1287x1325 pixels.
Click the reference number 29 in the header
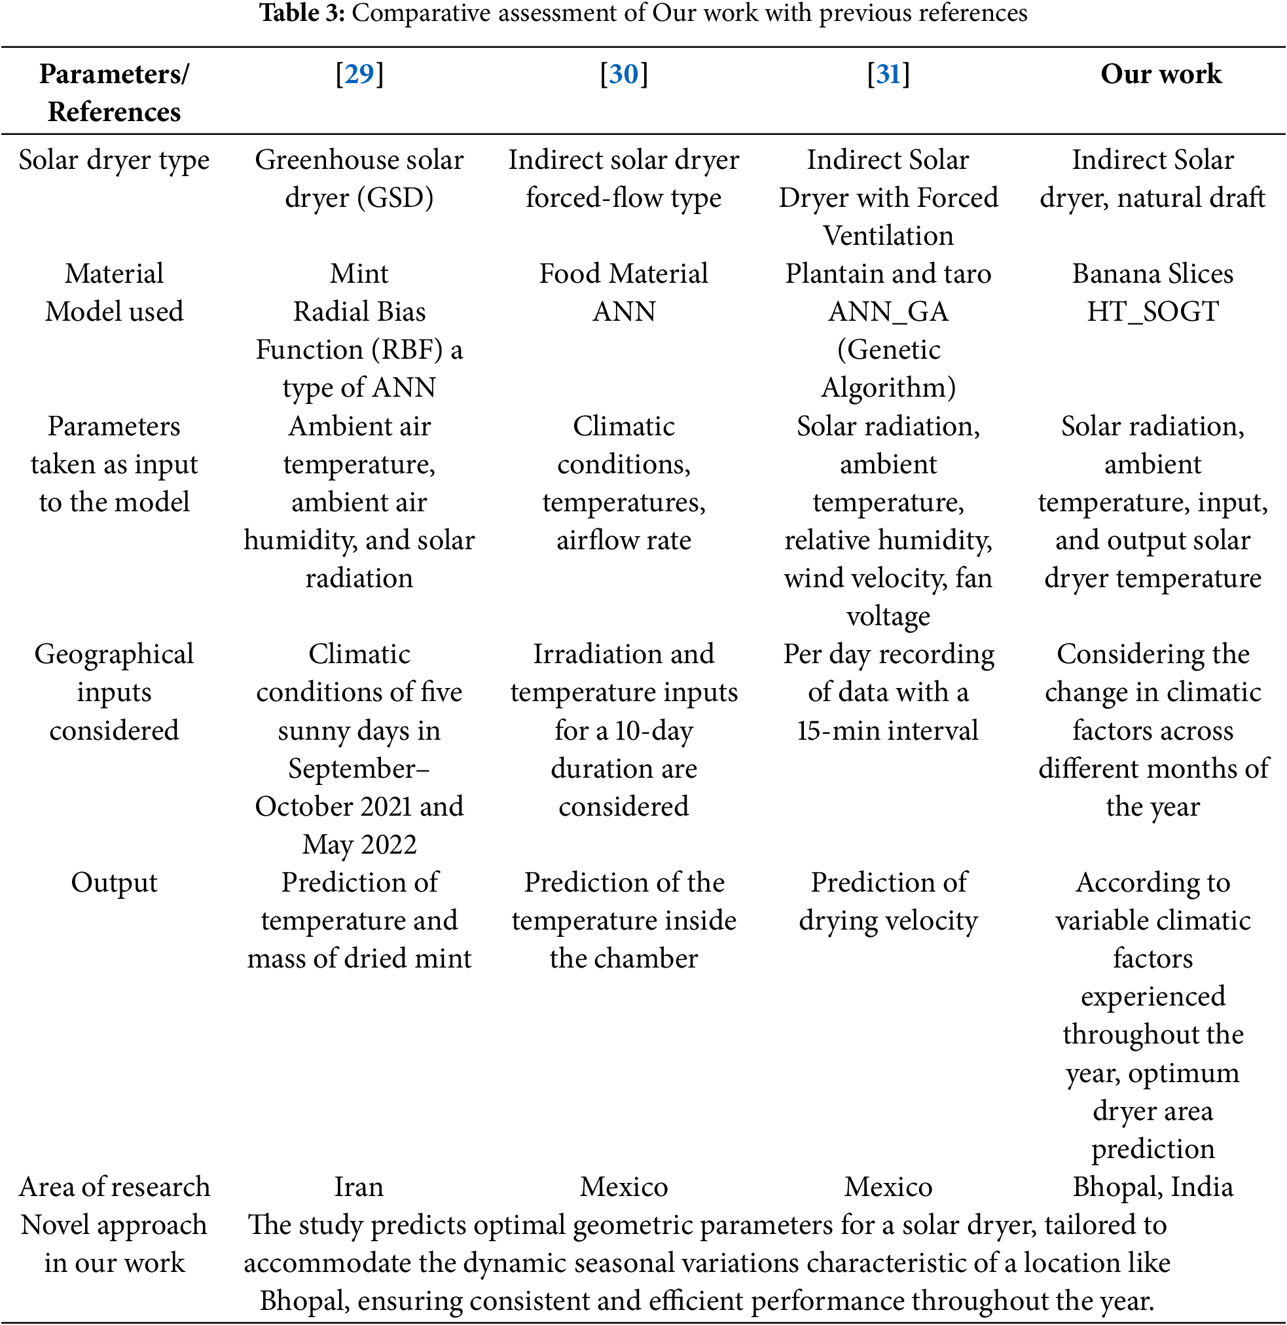coord(359,74)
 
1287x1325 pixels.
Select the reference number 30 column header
coord(623,74)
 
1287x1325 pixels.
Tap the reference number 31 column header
coord(888,74)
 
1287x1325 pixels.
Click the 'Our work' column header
coord(1161,74)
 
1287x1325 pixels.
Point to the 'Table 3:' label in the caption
coord(302,13)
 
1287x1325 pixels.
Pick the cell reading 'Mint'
coord(359,274)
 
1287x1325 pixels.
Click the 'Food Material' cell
coord(623,274)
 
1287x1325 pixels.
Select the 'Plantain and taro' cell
coord(888,274)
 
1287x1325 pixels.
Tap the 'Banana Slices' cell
coord(1153,274)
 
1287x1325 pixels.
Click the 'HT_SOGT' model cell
coord(1153,312)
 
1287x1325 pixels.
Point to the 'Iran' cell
coord(359,1186)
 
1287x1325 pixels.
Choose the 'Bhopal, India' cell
coord(1153,1186)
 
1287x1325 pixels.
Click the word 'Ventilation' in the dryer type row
coord(888,236)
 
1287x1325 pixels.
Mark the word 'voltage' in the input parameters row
coord(888,616)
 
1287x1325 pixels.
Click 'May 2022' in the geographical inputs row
coord(359,844)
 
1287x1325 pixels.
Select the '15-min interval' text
coord(888,731)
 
